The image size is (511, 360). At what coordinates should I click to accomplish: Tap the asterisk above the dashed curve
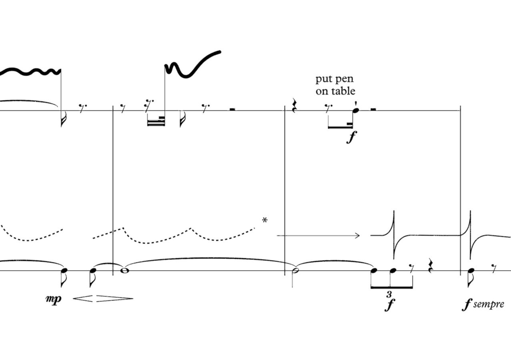point(265,220)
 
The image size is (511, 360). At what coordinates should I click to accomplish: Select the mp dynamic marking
point(54,299)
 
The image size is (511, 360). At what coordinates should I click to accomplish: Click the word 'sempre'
point(489,304)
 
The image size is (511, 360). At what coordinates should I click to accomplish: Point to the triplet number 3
point(389,294)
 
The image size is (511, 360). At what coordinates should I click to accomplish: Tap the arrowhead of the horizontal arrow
point(357,236)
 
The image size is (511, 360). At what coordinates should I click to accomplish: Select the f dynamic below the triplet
point(389,304)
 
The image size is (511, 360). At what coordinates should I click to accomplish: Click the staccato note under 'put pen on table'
point(355,110)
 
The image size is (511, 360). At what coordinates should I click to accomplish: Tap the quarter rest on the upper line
point(294,106)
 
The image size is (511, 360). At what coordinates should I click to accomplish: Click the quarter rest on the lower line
point(430,266)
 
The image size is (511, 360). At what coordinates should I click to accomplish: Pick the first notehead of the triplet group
point(374,271)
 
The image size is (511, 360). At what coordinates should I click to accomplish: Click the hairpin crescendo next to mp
point(83,298)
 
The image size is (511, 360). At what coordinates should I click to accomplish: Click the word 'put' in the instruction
point(323,79)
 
